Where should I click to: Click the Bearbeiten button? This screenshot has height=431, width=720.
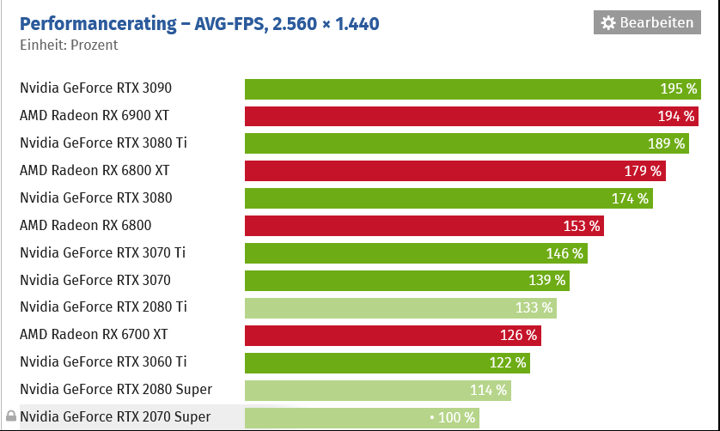[x=647, y=23]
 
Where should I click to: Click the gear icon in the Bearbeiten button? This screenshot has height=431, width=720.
[x=608, y=23]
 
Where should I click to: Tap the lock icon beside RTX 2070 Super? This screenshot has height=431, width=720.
[x=10, y=417]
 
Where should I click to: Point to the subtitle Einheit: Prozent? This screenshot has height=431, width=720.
[x=69, y=45]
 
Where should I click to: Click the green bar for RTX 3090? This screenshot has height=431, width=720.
[x=473, y=88]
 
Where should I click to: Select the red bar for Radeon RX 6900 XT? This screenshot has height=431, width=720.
[x=472, y=116]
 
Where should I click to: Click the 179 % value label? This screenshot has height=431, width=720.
[x=643, y=171]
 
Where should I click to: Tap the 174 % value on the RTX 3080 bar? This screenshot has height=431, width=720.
[x=630, y=198]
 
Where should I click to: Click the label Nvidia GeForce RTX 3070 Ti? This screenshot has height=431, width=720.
[x=102, y=252]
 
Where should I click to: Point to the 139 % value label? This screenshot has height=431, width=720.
[x=547, y=280]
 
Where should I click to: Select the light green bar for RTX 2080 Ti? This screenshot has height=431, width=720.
[x=400, y=307]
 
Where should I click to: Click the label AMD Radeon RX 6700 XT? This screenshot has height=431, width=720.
[x=94, y=334]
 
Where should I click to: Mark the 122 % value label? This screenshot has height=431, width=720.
[x=508, y=362]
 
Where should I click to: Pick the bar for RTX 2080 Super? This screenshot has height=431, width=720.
[x=378, y=390]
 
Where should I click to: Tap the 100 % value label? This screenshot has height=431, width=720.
[x=455, y=417]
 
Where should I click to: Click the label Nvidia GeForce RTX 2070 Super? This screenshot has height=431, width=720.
[x=115, y=417]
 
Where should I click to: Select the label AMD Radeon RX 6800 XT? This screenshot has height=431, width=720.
[x=95, y=170]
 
